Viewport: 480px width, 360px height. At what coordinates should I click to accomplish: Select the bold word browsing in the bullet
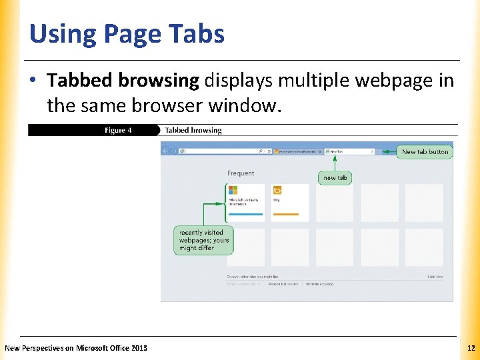coord(160,81)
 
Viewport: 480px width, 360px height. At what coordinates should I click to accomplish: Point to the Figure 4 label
coord(118,131)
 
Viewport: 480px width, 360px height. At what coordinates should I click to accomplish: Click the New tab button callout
coord(425,151)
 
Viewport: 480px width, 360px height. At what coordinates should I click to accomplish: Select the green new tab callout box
coord(335,178)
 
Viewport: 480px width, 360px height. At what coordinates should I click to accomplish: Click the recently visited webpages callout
coord(204,240)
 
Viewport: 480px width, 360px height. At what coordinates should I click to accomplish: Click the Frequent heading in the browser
coord(241,173)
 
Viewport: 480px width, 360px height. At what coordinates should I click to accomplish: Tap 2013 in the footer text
coord(140,348)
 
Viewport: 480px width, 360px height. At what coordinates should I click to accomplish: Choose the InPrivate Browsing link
coord(320,284)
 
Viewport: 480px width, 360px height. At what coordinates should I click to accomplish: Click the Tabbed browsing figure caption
coord(193,131)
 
